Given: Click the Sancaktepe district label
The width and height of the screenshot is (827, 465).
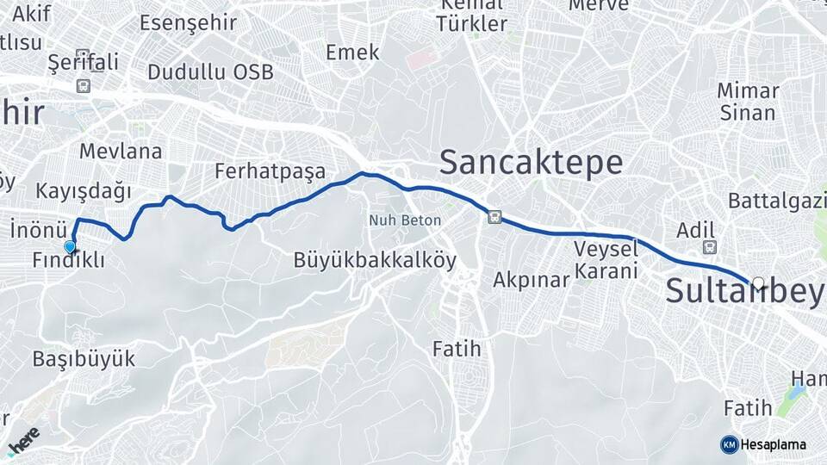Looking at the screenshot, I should [x=531, y=162].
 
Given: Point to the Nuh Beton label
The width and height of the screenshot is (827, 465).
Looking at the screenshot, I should [x=405, y=220].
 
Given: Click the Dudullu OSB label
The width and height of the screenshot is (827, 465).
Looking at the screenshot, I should [x=211, y=71].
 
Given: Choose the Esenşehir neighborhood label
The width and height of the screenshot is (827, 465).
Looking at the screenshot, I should [x=188, y=22].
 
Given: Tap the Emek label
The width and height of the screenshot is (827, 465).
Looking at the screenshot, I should [x=352, y=53].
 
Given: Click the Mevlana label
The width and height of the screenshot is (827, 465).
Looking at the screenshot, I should [x=121, y=152].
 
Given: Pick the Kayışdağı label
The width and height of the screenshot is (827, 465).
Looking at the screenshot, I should [x=84, y=190].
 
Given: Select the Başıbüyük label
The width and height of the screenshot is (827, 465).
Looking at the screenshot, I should [x=84, y=359].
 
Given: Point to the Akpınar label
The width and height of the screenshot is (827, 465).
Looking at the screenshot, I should [x=532, y=280].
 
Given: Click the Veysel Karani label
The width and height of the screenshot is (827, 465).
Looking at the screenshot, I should [x=606, y=260].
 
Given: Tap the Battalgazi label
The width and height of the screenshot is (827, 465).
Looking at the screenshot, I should [x=776, y=201].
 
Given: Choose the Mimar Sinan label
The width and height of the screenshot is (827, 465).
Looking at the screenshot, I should [x=748, y=102].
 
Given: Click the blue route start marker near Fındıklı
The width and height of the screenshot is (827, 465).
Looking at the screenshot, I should [x=70, y=246].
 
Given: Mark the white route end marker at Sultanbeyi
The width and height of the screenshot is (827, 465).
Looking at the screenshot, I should [x=758, y=282].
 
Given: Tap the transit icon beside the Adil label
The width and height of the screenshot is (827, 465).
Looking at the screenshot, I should [x=709, y=248].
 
